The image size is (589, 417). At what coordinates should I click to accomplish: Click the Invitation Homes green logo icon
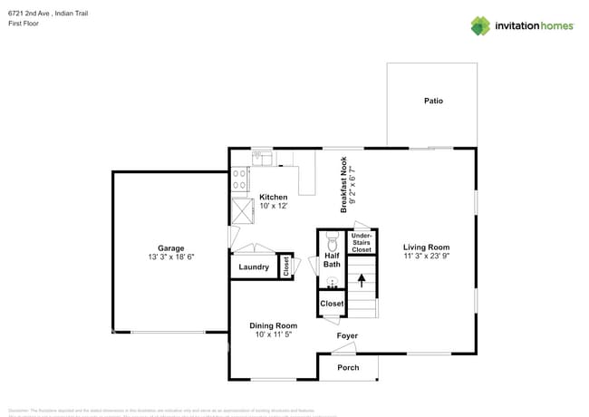[x=480, y=25]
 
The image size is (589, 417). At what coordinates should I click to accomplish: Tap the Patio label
[x=433, y=101]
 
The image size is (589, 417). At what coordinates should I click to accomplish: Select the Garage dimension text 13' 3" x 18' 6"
[x=170, y=257]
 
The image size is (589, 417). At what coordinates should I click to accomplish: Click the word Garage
[x=170, y=247]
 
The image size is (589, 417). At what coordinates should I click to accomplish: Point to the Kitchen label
[x=274, y=197]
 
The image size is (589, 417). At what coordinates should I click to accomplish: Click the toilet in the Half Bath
[x=332, y=243]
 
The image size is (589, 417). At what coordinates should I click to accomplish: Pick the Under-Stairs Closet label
[x=362, y=242]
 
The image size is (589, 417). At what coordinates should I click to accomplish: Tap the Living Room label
[x=426, y=247]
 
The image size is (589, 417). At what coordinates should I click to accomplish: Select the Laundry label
[x=254, y=267]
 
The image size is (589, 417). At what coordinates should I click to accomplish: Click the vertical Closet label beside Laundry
[x=286, y=267]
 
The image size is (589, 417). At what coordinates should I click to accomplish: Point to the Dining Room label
[x=274, y=325]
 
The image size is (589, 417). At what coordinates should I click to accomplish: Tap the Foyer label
[x=347, y=336]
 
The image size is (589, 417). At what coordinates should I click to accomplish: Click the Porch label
[x=348, y=367]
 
